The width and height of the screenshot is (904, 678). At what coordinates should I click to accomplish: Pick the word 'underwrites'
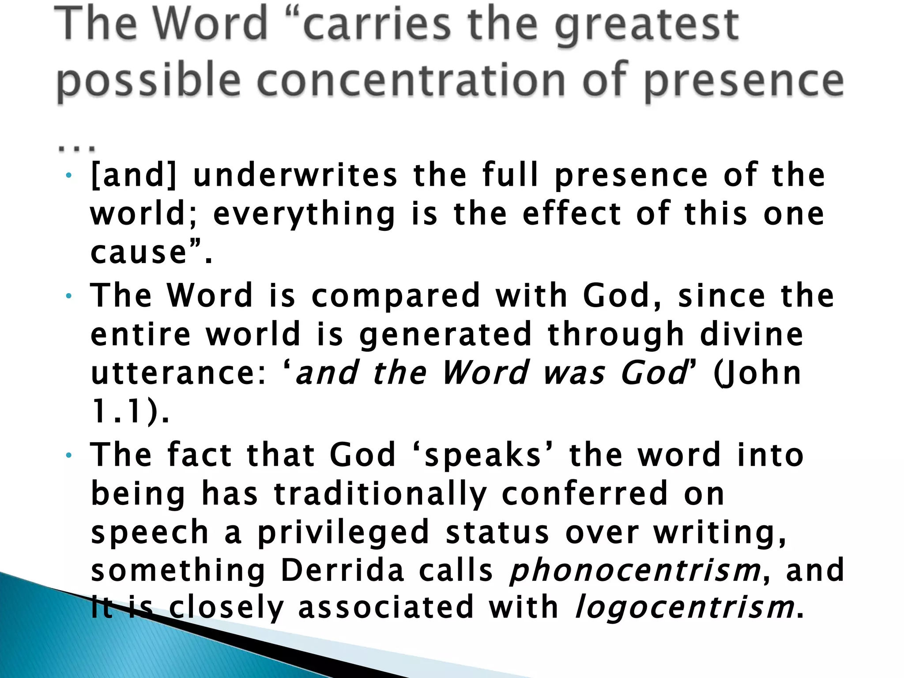[x=295, y=175]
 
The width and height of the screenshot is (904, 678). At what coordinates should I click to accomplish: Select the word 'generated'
[x=446, y=334]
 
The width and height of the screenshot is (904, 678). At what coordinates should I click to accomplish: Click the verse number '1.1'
[x=117, y=411]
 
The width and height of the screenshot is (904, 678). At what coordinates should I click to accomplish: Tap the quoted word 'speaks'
[x=483, y=456]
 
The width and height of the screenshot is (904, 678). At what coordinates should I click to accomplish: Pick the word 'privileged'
[x=343, y=532]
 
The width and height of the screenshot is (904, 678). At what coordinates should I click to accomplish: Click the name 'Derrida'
[x=343, y=570]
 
